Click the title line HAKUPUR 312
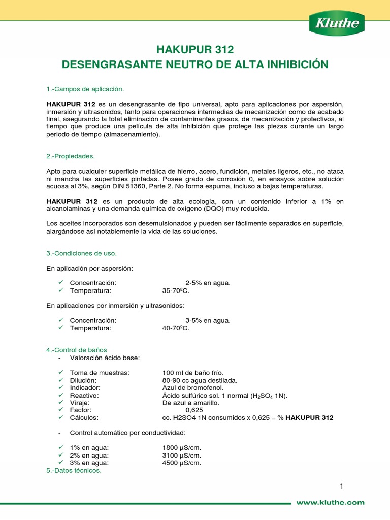tap(195, 50)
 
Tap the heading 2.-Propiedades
tap(71, 156)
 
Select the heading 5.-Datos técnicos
tap(74, 470)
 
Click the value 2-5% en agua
tap(208, 283)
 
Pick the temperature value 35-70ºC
tap(175, 291)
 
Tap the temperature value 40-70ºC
tap(175, 329)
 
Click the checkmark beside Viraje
tap(60, 402)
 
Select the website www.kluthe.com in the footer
tap(330, 502)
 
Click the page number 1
tap(342, 486)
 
